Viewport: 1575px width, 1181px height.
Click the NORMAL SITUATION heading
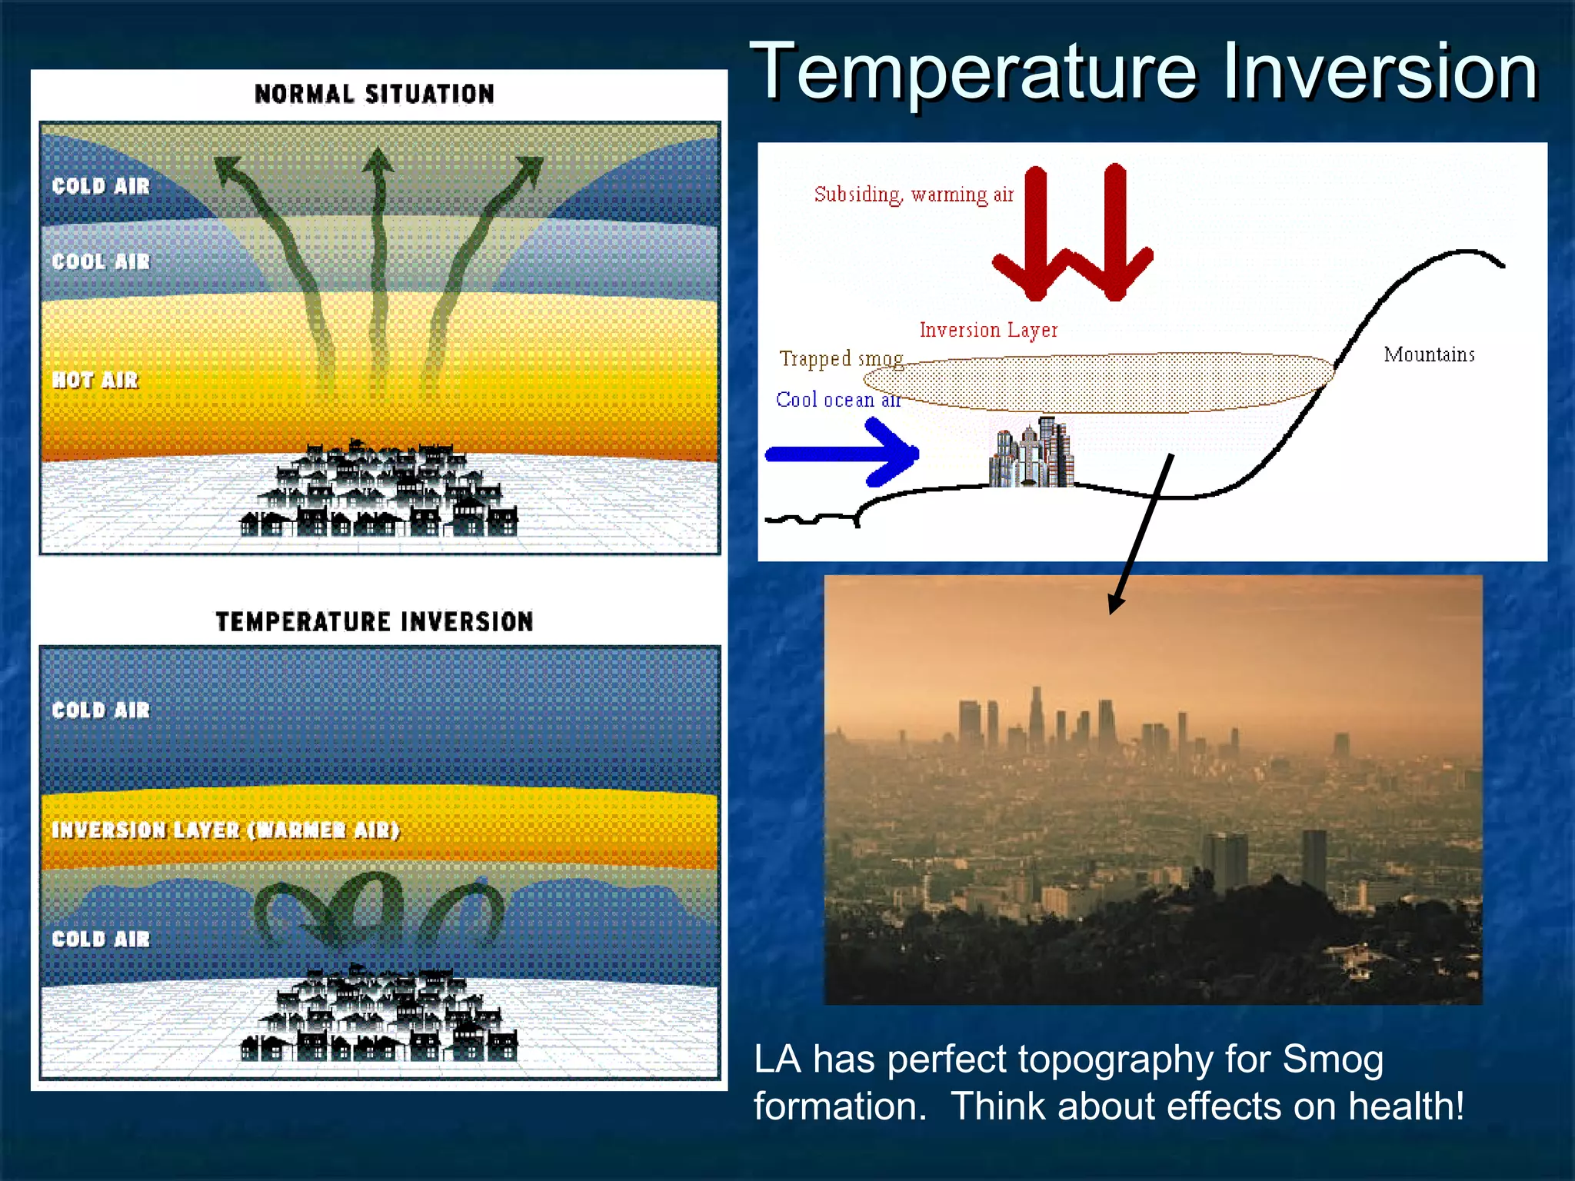click(375, 94)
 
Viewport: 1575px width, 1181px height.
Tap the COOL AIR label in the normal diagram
click(101, 261)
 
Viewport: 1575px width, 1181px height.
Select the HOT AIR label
click(95, 380)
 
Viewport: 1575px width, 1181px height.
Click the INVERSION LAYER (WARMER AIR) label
click(225, 830)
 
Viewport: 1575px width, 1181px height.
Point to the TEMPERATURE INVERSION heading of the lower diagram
click(375, 621)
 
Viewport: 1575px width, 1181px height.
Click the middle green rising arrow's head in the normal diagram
click(378, 160)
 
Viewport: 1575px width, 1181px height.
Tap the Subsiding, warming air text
click(914, 195)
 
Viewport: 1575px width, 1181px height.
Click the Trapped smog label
click(841, 359)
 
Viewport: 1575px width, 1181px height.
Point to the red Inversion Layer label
click(988, 330)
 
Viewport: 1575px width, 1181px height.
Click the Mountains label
click(1429, 354)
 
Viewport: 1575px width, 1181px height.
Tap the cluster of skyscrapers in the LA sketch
click(1032, 454)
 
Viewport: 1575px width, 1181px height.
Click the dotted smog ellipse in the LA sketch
click(1100, 382)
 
